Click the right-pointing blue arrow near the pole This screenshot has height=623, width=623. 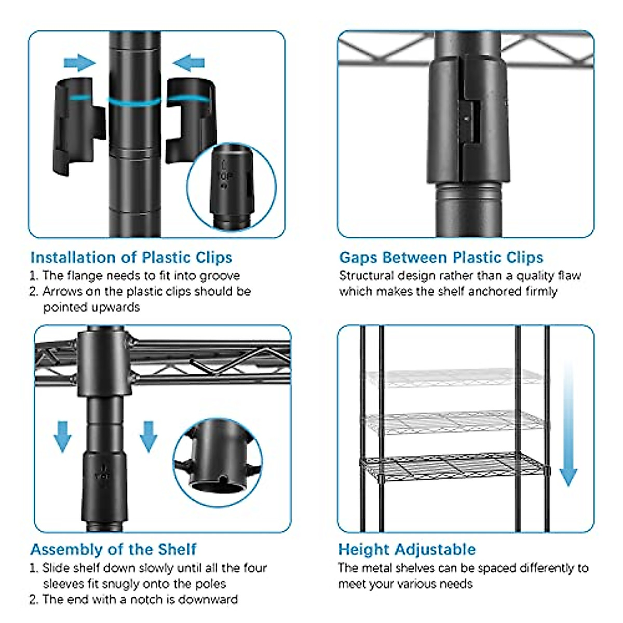(x=79, y=63)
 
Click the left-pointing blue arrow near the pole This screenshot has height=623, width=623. (x=189, y=63)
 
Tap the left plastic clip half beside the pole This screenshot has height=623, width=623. (x=78, y=126)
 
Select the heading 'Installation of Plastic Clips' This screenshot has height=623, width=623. (x=131, y=258)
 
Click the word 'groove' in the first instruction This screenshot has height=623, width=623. (x=220, y=276)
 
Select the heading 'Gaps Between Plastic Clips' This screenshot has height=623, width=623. (x=441, y=258)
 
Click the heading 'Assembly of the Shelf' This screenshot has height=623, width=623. (x=113, y=549)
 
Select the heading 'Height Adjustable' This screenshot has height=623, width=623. (x=407, y=549)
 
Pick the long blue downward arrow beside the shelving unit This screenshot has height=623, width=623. (x=568, y=424)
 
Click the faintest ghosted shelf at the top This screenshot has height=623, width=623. (x=454, y=377)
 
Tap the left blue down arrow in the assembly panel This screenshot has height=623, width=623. (x=62, y=437)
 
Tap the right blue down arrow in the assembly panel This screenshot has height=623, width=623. (x=148, y=437)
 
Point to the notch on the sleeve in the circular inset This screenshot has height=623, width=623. (x=222, y=479)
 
